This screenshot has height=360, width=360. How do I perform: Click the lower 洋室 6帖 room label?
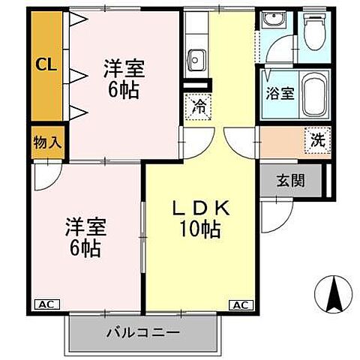(x=85, y=234)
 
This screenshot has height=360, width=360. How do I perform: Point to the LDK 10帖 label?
(x=198, y=218)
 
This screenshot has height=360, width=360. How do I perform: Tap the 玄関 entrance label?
(x=290, y=180)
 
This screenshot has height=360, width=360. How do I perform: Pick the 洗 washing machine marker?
(x=317, y=139)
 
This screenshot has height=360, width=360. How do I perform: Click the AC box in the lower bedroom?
(x=45, y=304)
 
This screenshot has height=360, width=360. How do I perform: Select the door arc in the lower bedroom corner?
(x=45, y=177)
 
